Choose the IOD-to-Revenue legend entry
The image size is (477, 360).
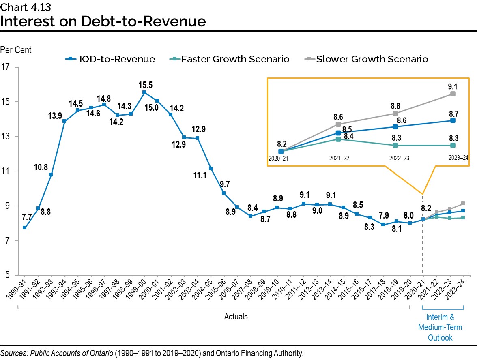click(110, 59)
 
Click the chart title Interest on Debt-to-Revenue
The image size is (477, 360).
click(103, 21)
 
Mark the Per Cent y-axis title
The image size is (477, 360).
click(16, 50)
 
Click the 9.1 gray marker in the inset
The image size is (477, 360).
click(453, 94)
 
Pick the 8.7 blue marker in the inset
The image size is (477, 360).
click(453, 120)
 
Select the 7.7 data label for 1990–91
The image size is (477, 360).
click(26, 218)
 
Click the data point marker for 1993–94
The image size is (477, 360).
click(64, 121)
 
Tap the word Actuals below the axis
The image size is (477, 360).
click(236, 317)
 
